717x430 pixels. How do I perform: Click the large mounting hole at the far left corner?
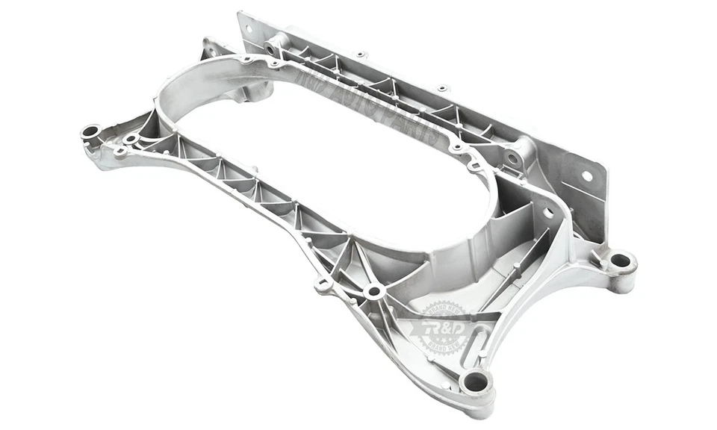click(x=90, y=132)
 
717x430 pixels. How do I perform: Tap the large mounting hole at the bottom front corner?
click(x=476, y=383)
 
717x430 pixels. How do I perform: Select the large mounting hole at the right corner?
click(x=620, y=261)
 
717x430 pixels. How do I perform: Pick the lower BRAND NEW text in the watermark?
click(x=445, y=345)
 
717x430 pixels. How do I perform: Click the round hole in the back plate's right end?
click(x=587, y=177)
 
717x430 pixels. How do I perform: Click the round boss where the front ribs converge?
click(x=373, y=290)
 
